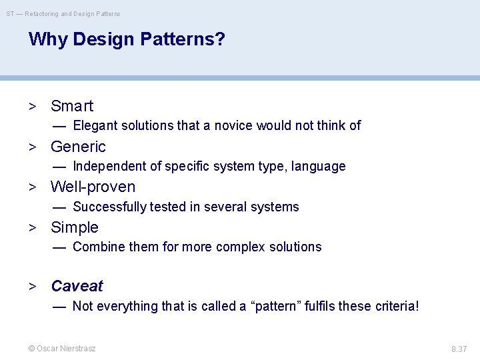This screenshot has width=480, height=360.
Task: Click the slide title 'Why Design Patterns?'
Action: click(x=127, y=39)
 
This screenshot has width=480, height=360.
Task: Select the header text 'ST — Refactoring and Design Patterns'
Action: click(x=63, y=13)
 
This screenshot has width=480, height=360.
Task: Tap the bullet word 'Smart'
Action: click(x=72, y=106)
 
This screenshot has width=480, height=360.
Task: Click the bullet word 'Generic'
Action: click(x=78, y=147)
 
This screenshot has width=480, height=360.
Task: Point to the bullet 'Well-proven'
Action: click(x=93, y=187)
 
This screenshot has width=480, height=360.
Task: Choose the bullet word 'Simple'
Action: click(x=75, y=227)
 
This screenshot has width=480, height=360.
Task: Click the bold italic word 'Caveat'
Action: click(x=77, y=286)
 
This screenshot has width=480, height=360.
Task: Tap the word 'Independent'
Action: click(x=107, y=166)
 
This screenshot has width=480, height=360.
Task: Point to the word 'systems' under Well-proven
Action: click(x=276, y=207)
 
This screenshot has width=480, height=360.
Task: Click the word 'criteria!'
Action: click(x=395, y=306)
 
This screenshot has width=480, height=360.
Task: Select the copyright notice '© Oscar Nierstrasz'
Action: click(x=61, y=349)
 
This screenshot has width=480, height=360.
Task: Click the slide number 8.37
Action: click(x=459, y=349)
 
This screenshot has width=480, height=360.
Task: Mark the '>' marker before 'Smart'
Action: click(x=31, y=107)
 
